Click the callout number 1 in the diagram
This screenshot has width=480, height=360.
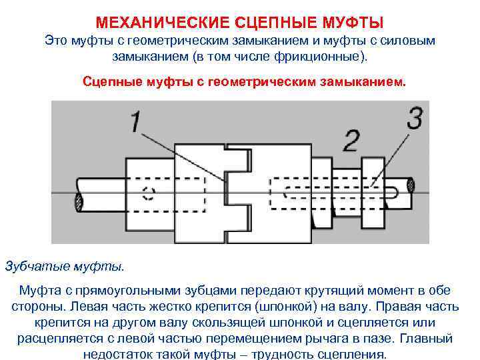[x=135, y=123]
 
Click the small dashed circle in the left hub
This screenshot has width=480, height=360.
[x=148, y=194]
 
